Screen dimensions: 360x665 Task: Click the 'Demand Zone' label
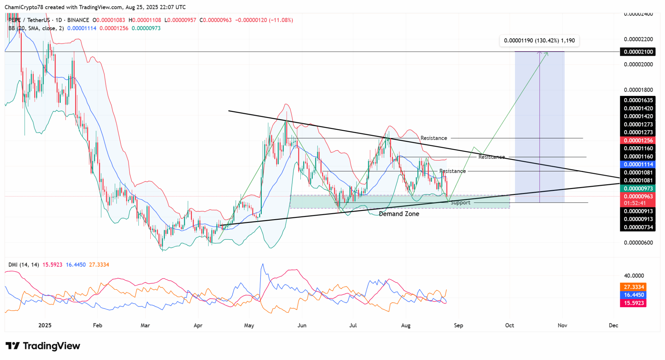399,214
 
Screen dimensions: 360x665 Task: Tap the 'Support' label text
460,203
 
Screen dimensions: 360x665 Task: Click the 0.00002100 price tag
637,52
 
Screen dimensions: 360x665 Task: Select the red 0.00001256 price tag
637,141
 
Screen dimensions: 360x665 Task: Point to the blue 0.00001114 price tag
637,165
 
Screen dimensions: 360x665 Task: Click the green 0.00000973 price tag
637,189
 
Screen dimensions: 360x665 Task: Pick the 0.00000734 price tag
637,227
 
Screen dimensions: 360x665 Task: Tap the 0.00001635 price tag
637,100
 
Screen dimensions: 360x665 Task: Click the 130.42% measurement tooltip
539,41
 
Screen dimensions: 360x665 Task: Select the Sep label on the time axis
458,325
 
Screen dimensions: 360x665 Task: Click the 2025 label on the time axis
45,325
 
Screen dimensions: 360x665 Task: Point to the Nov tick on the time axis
562,325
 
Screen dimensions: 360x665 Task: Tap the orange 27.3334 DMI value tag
633,287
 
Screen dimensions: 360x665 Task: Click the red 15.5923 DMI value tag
633,303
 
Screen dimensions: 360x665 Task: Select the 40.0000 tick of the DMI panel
634,276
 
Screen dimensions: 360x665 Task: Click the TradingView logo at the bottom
43,346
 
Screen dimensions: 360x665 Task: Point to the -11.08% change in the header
281,20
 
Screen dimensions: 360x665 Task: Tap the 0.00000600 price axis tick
638,243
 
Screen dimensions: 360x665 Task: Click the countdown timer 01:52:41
635,203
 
